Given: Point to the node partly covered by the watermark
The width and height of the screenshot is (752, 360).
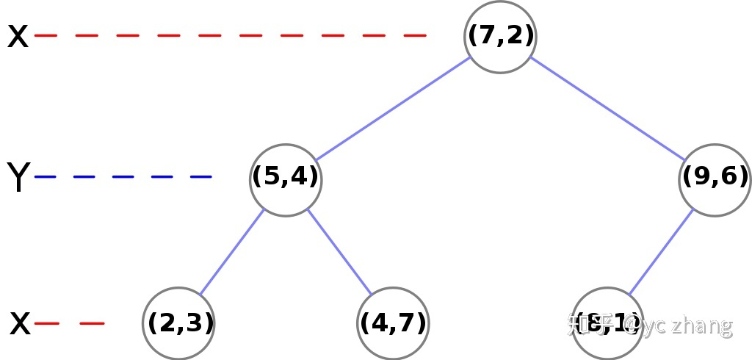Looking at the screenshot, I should pos(607,323).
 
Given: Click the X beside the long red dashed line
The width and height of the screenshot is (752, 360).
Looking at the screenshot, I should pos(18,36).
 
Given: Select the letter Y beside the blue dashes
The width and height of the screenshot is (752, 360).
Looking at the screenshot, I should pos(18,178).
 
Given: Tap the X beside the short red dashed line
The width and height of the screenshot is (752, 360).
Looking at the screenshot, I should pos(21,323).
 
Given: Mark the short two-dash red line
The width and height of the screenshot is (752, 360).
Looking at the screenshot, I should pos(69,323).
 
